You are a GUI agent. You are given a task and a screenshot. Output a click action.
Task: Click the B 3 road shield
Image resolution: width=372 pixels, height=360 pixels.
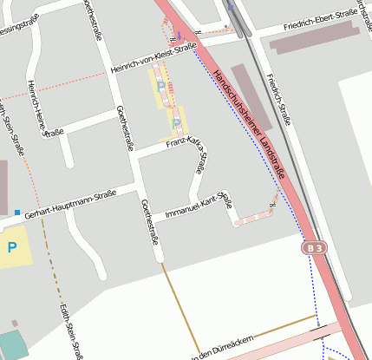click(x=317, y=248)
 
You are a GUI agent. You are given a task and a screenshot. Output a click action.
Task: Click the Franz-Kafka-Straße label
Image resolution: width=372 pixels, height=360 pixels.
click(x=192, y=147)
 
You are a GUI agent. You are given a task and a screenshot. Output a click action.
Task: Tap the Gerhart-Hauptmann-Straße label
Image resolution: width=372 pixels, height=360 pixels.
click(x=70, y=207)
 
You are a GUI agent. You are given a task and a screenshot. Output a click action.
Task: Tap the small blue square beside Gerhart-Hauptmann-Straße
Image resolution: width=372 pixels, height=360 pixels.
click(x=17, y=213)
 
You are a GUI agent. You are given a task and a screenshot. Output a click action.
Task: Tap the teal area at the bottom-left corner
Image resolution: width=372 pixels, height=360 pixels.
click(x=9, y=344)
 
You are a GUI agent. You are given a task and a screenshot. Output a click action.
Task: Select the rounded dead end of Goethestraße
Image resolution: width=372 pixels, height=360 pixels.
click(x=159, y=257)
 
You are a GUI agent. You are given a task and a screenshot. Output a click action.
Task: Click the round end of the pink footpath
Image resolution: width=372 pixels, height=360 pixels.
click(x=236, y=222)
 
